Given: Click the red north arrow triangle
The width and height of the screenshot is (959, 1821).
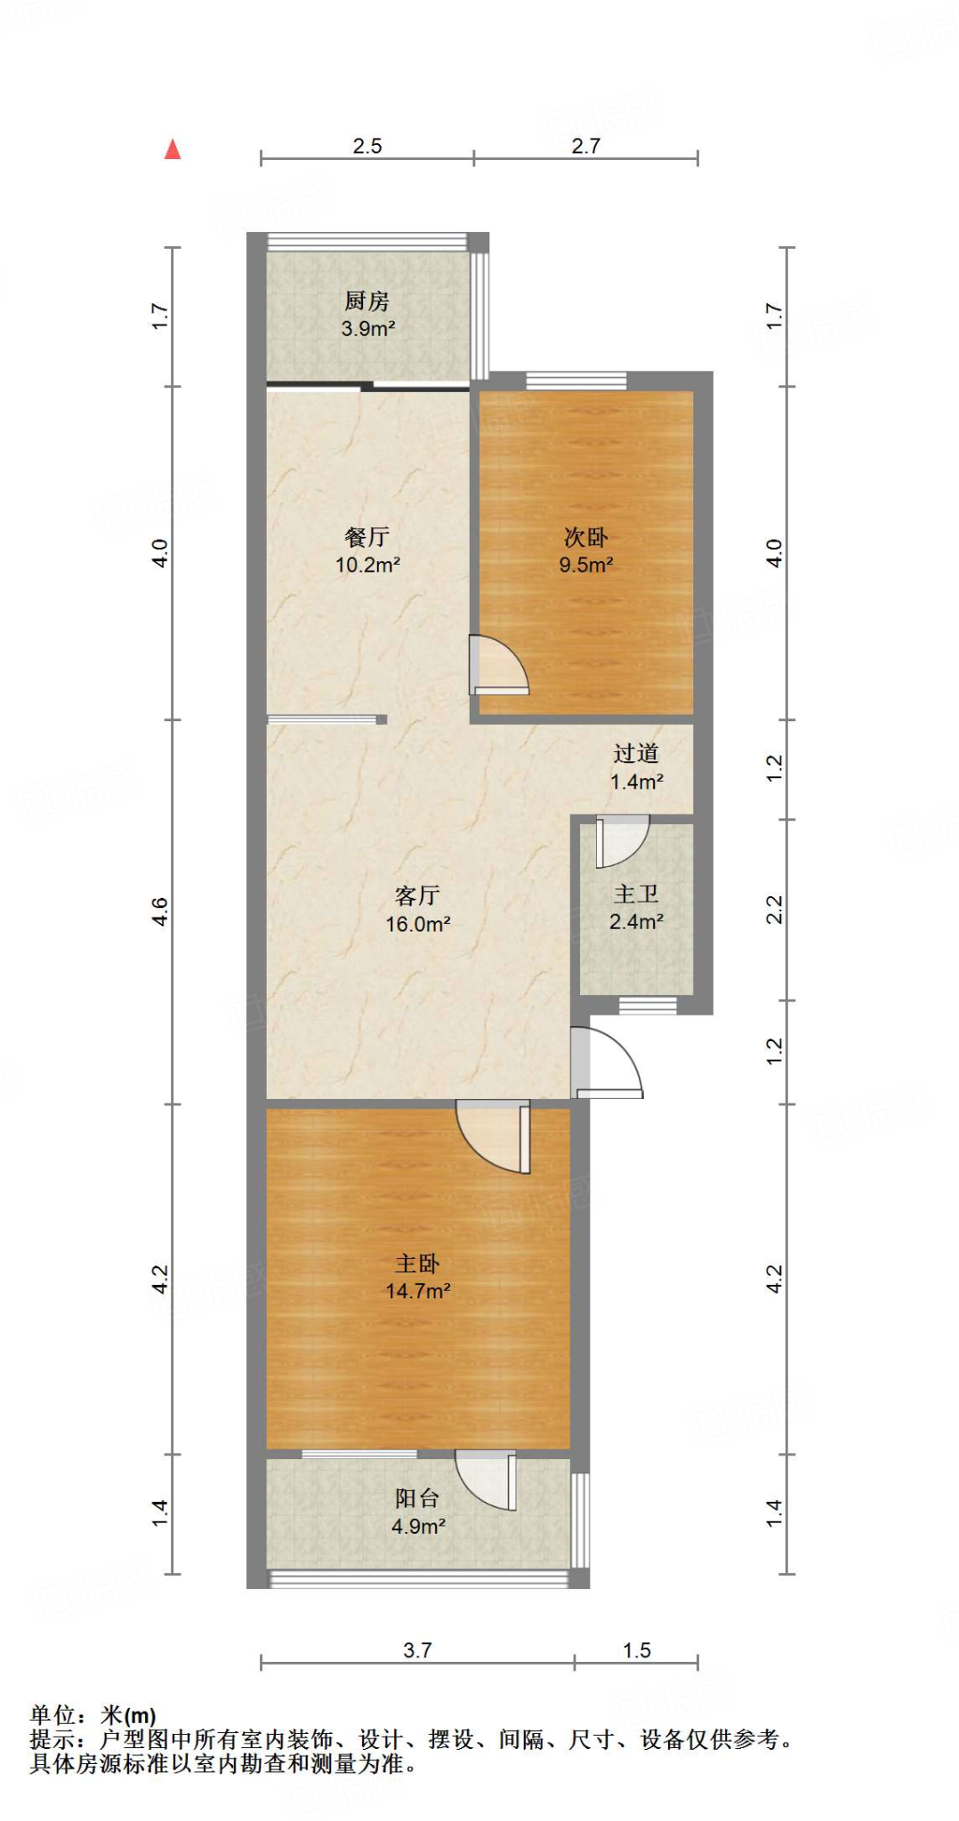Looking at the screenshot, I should [173, 149].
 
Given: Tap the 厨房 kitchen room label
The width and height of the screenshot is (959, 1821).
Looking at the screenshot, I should [367, 314].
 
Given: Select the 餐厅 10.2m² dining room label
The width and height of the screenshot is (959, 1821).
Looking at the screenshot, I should [367, 550].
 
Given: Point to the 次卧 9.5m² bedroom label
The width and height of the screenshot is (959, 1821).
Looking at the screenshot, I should [586, 550].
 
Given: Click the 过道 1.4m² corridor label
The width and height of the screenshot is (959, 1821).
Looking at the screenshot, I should [636, 767].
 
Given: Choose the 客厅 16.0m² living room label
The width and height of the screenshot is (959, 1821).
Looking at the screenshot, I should [417, 910].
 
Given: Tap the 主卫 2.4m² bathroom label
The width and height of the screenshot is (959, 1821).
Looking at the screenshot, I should [636, 908].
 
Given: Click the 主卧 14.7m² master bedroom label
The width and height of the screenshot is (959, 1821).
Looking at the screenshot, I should [417, 1277].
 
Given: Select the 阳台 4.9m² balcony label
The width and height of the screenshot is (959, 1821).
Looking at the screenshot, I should [417, 1512].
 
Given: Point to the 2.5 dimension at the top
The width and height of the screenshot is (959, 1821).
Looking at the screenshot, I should [367, 146].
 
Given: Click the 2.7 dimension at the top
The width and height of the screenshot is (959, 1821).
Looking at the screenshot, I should [585, 146].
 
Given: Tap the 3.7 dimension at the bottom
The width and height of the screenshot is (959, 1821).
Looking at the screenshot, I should [417, 1650].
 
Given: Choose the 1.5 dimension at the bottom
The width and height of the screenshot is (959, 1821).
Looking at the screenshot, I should [636, 1650].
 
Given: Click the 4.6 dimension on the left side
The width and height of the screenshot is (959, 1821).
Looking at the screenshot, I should [159, 911].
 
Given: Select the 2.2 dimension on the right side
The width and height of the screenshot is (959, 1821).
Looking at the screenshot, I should [775, 910].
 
